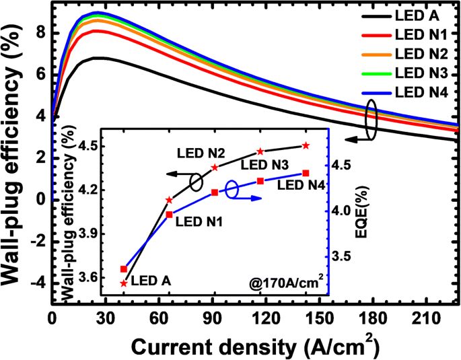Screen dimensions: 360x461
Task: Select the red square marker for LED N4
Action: point(306,174)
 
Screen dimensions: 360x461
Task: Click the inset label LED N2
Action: point(201,153)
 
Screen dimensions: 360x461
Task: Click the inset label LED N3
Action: point(264,164)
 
